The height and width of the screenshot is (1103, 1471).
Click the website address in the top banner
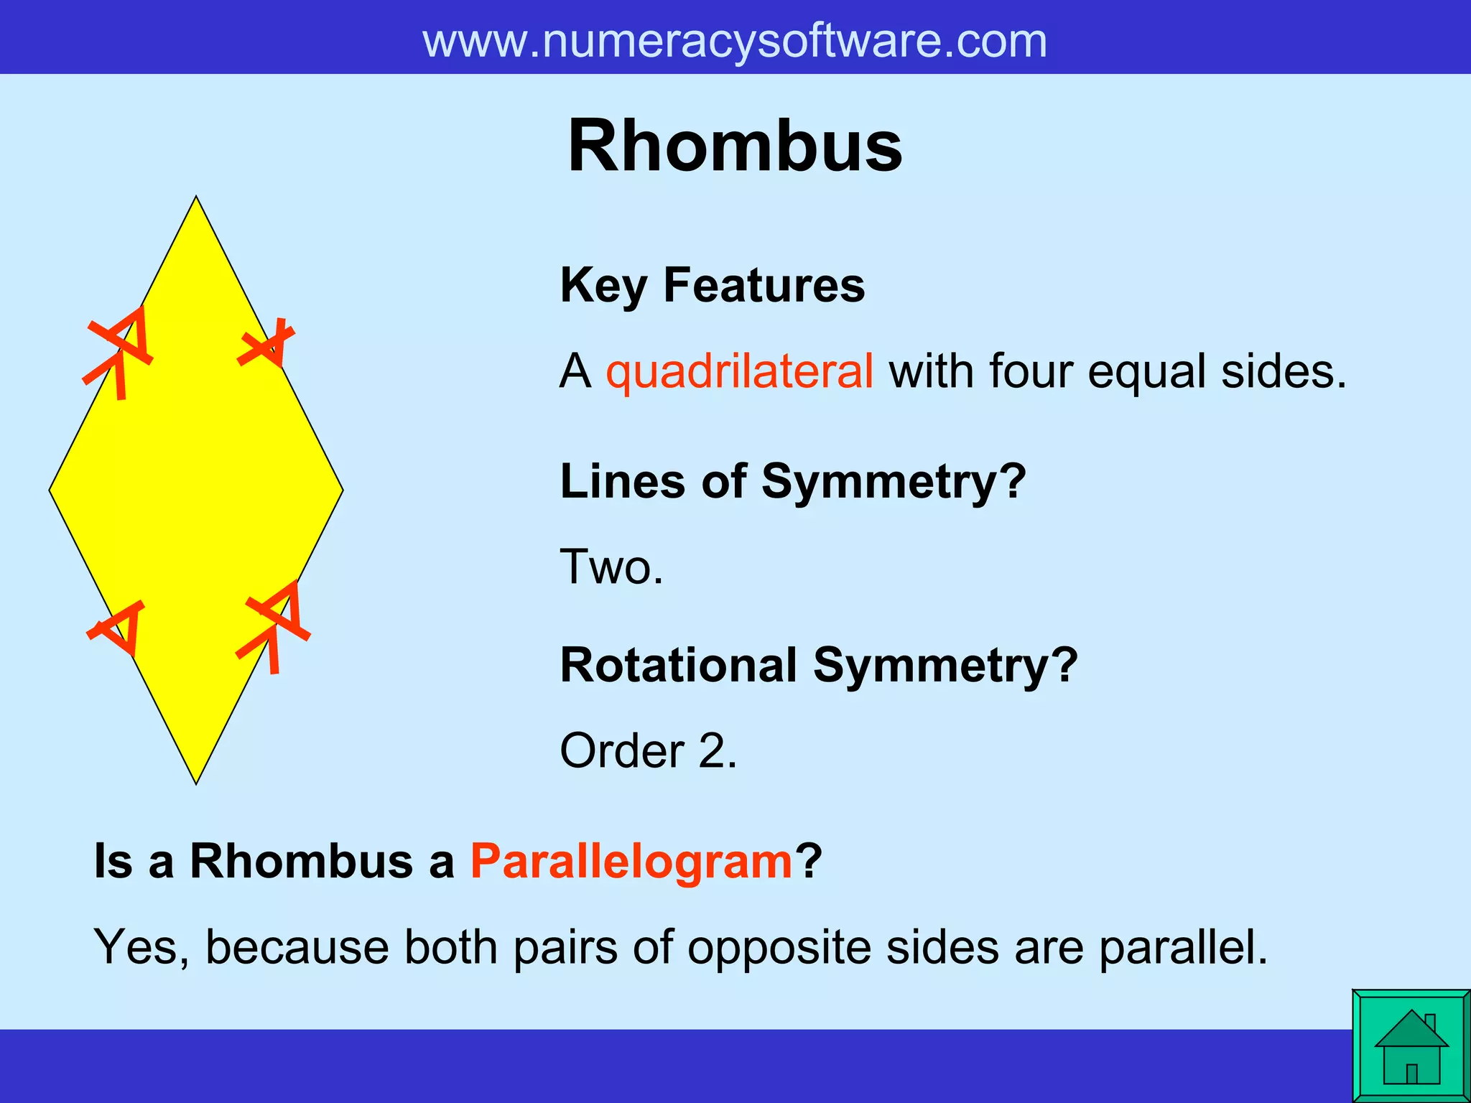(735, 41)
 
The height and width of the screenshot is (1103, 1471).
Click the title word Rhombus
(735, 146)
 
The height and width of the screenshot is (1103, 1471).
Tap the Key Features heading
(713, 286)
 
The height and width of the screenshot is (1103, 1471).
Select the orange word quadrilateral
(740, 372)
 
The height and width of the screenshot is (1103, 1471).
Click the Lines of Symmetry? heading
(793, 481)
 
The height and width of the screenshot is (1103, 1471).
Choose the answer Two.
(611, 567)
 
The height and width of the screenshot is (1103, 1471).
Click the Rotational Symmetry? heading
(819, 665)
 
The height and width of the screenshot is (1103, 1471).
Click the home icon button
(1411, 1046)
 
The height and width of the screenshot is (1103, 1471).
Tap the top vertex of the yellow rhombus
(196, 197)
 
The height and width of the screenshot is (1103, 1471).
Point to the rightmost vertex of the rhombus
(342, 490)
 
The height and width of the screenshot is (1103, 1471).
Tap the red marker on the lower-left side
(118, 626)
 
